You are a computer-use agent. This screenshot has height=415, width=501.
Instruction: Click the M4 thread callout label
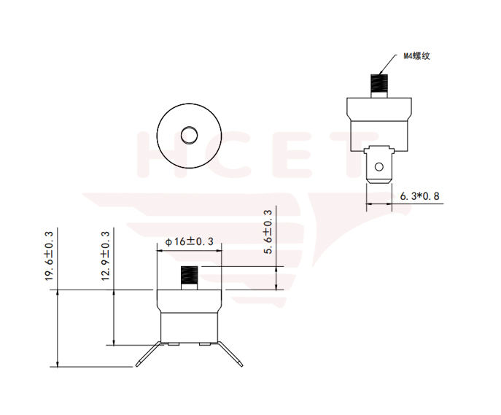pyautogui.click(x=418, y=55)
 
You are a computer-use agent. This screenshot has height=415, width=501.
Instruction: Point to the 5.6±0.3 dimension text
pyautogui.click(x=268, y=233)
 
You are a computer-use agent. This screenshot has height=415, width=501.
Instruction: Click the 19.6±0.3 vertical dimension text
pyautogui.click(x=49, y=255)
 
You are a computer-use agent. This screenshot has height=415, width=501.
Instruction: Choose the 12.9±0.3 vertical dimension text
pyautogui.click(x=106, y=256)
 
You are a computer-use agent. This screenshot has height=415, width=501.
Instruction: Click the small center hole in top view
pyautogui.click(x=189, y=136)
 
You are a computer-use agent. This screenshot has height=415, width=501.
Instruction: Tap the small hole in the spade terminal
pyautogui.click(x=378, y=166)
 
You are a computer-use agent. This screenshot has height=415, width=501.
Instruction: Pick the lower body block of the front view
pyautogui.click(x=189, y=326)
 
